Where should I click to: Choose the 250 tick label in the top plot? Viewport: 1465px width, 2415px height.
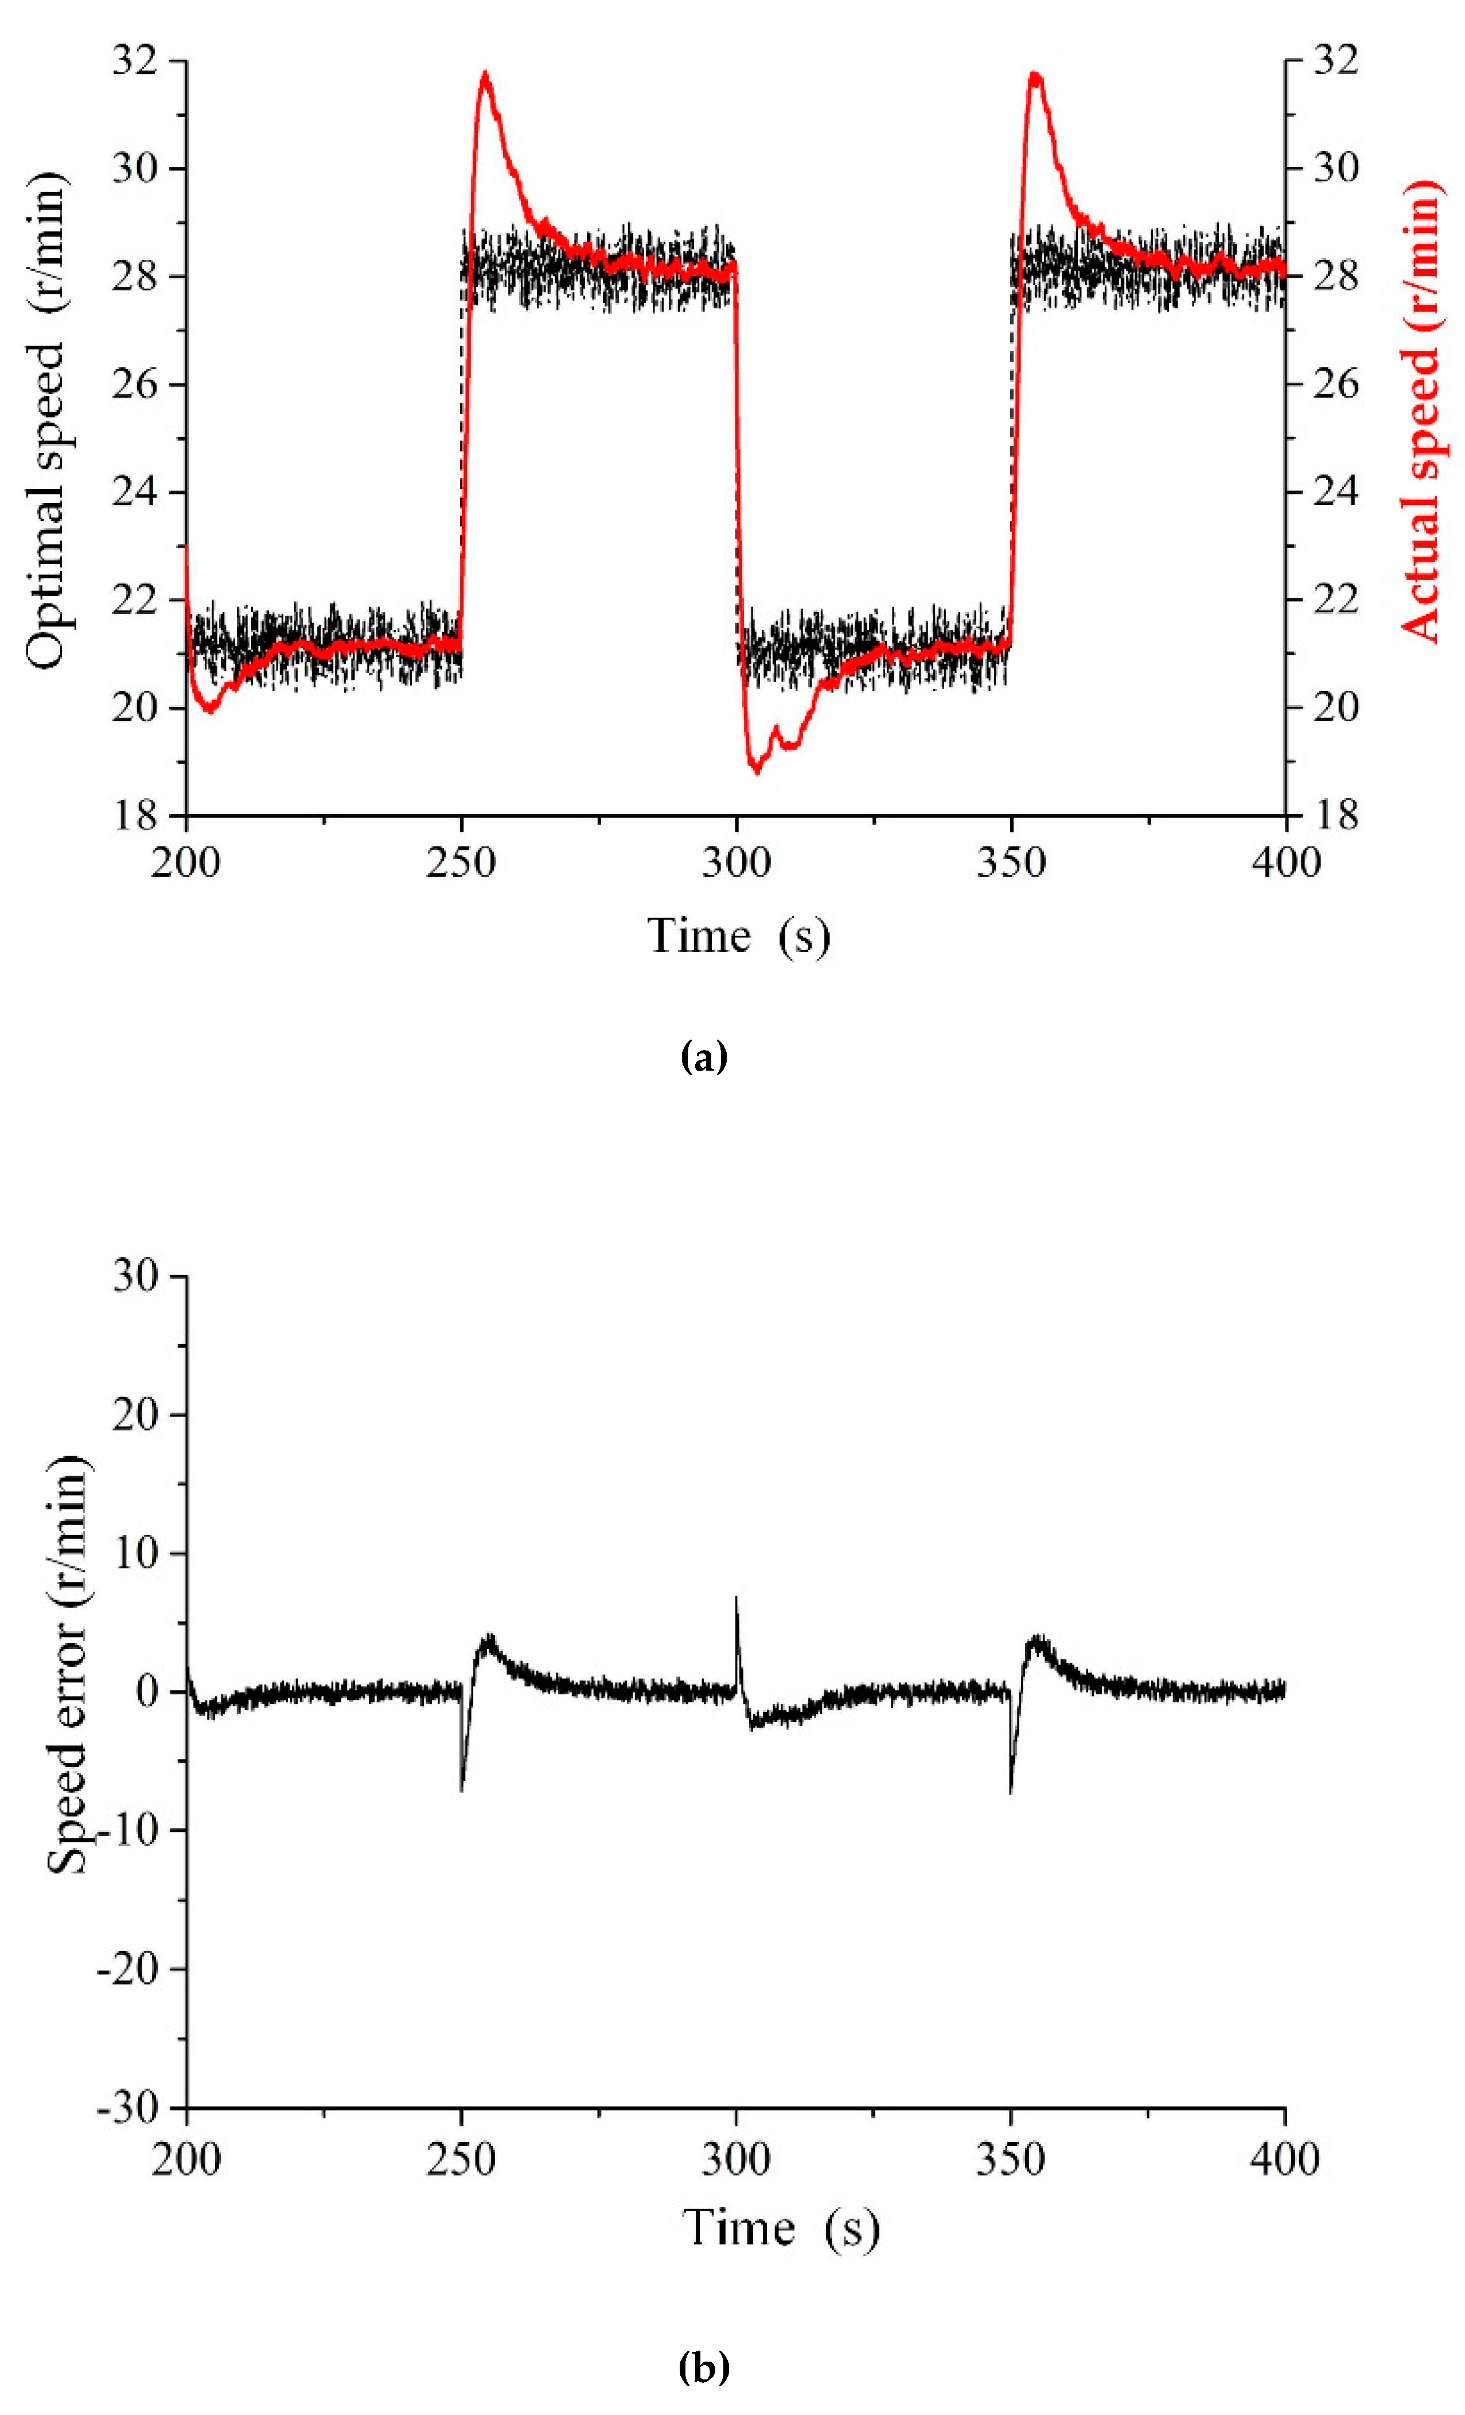[461, 862]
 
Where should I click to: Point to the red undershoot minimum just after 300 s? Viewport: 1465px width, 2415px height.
[755, 771]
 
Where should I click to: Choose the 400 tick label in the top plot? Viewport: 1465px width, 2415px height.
[1285, 862]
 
